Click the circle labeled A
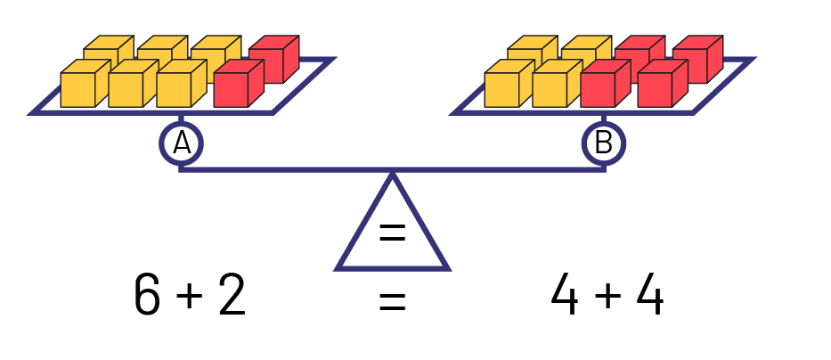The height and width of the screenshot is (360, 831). click(x=181, y=143)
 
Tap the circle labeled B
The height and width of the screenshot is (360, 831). click(x=604, y=143)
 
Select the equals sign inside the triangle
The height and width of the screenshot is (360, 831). click(x=392, y=233)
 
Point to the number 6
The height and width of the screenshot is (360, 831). click(x=147, y=296)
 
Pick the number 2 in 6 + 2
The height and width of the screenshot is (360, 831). click(x=231, y=296)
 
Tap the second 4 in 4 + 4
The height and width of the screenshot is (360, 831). click(x=648, y=296)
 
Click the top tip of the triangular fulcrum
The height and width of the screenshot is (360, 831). click(x=392, y=173)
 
